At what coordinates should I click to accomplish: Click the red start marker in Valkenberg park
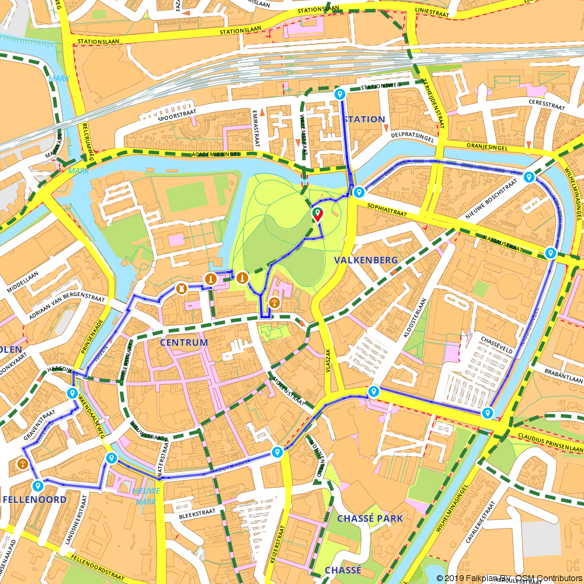317,214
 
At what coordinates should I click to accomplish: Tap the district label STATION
365,119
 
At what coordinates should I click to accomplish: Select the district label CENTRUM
184,342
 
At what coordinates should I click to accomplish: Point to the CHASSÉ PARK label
370,519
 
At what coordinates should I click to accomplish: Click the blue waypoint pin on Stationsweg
339,94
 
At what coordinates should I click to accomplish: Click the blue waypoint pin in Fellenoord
38,486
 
